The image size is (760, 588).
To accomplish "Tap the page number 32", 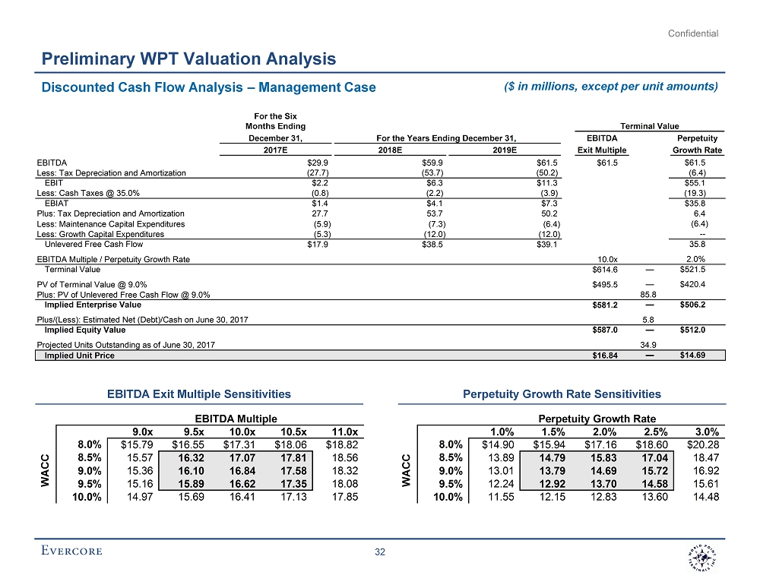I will [x=380, y=552].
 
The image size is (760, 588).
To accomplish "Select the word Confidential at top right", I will [x=693, y=33].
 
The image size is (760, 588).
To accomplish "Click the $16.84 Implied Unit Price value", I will [x=605, y=355].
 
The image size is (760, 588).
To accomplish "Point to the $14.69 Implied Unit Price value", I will [x=692, y=355].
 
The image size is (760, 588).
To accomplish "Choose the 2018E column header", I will [x=393, y=150].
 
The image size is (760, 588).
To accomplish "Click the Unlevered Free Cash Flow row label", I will [x=93, y=245].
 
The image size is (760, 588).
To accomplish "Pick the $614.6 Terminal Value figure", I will [x=605, y=269].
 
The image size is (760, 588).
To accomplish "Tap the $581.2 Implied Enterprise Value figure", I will [x=605, y=305].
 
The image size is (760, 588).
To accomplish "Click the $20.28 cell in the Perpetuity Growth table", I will [x=702, y=445].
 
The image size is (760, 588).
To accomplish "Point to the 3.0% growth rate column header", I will [x=704, y=432].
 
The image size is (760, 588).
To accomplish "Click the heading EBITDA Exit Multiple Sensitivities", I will [x=200, y=394].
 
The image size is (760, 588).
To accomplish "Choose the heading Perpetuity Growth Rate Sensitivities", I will [x=562, y=394].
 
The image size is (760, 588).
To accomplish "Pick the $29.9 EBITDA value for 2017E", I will [x=317, y=163].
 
